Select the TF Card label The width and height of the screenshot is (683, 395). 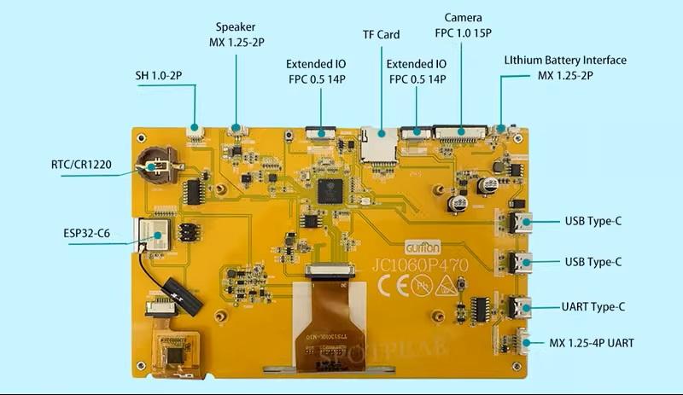pos(381,35)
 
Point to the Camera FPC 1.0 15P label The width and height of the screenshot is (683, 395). pos(463,26)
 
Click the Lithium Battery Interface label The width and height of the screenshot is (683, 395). pos(564,68)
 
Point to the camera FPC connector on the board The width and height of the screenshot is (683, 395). pos(461,132)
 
